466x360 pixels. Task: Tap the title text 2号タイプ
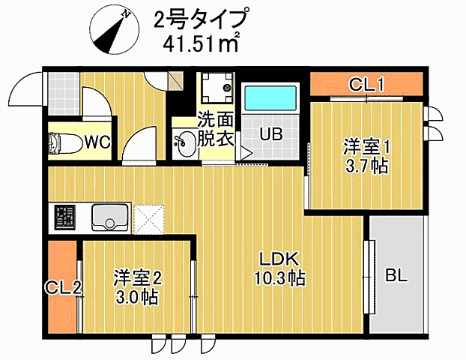199,18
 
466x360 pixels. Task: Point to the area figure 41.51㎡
202,42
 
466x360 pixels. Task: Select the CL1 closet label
366,84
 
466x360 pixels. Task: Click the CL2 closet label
62,288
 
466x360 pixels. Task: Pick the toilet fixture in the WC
60,142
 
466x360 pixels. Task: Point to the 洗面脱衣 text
217,129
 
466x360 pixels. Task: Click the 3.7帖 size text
366,166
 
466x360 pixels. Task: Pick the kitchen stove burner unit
64,217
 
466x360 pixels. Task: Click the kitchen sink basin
109,217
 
